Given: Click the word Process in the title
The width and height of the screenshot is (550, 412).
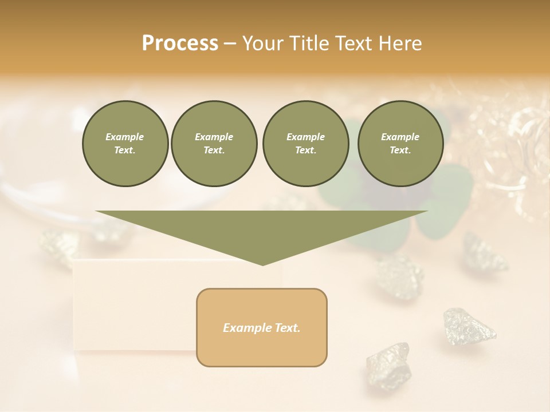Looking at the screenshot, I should pos(180,43).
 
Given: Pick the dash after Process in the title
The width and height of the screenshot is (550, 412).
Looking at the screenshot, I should pos(230,45).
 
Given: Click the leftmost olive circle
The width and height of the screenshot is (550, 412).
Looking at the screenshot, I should pos(125,143).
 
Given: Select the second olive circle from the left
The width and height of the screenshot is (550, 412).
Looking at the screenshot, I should pos(214,143).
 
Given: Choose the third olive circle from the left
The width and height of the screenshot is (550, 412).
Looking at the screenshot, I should pos(305,143).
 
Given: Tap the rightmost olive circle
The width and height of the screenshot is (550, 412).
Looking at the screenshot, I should pos(400,143).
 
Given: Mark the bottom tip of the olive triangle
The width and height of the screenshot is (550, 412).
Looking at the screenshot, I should pos(262,264).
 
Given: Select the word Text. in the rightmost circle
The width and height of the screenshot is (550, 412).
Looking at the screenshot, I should pos(400,150).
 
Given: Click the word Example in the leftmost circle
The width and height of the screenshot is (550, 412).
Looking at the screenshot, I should pos(125,137).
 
